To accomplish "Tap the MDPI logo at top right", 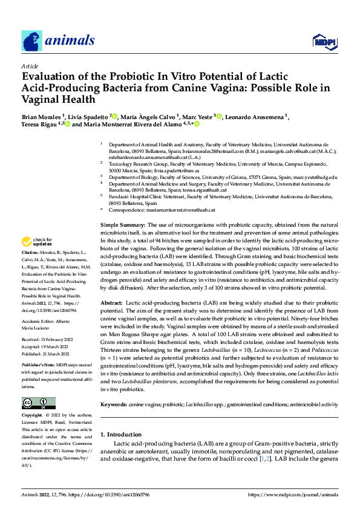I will click(x=324, y=41).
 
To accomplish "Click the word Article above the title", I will click(x=30, y=66).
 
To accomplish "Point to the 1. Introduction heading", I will click(x=123, y=434).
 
